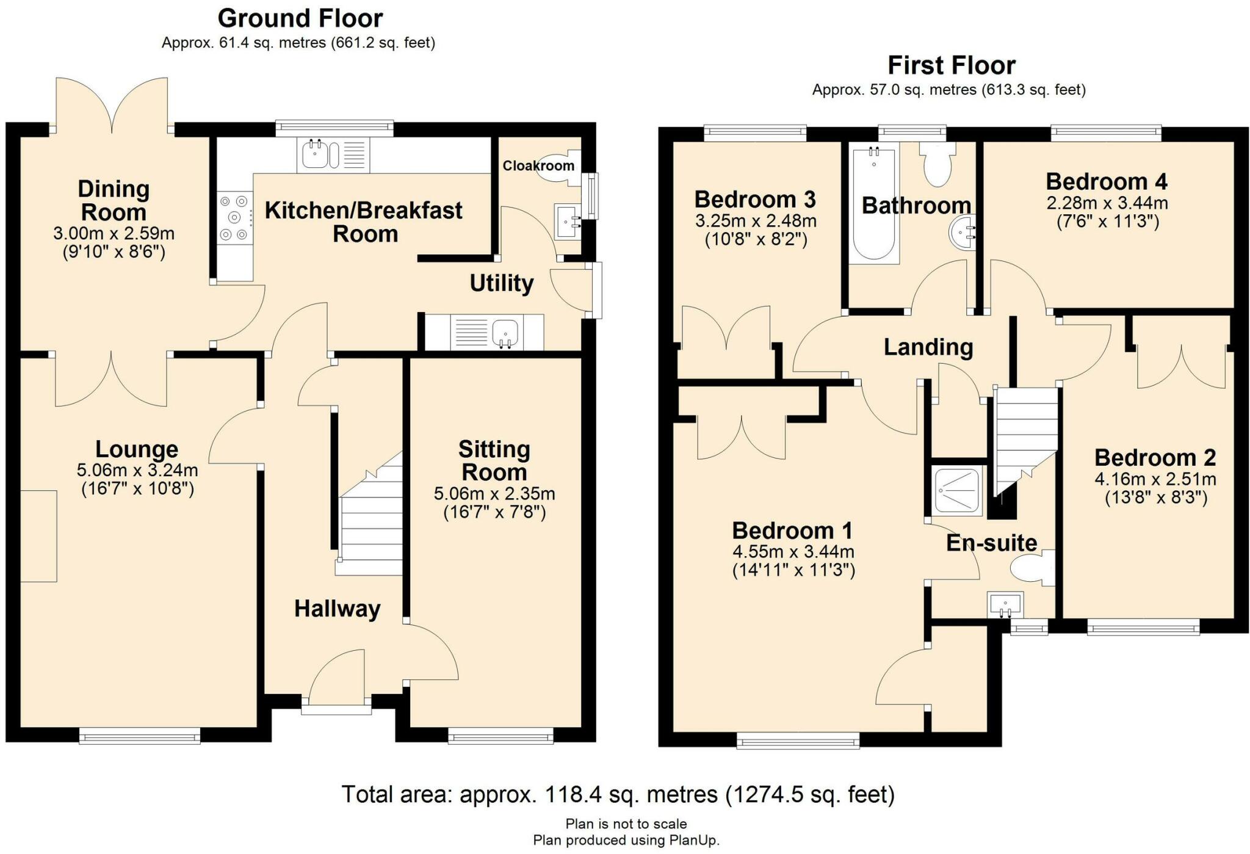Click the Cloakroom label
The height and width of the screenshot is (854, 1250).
(538, 165)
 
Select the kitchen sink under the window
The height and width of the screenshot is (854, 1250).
(320, 154)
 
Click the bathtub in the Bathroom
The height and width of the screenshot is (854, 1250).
(874, 204)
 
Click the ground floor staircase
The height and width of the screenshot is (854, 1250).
(370, 525)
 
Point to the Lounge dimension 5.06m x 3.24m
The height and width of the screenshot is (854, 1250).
(137, 470)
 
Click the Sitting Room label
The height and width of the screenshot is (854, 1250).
(494, 460)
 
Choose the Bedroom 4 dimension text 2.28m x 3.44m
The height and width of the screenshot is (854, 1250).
(1107, 202)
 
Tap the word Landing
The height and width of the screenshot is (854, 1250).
(928, 347)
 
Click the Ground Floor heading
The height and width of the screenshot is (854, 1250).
(300, 18)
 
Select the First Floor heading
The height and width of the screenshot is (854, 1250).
(951, 65)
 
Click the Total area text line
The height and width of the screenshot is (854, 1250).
(618, 795)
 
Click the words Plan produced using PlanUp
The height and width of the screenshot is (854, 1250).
(626, 841)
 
